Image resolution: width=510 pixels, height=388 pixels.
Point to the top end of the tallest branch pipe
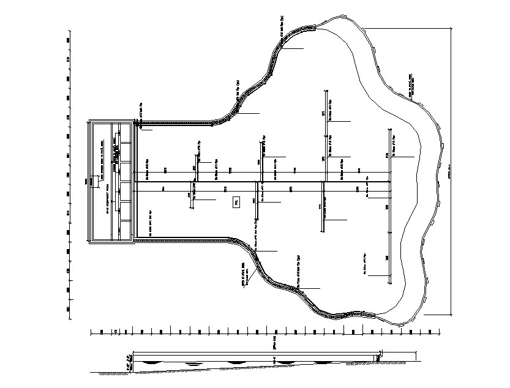(x=324, y=91)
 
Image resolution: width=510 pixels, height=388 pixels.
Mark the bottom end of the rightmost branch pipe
(x=390, y=283)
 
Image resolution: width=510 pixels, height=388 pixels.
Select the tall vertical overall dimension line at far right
(x=451, y=171)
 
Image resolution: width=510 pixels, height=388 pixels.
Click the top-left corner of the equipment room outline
(x=89, y=120)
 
